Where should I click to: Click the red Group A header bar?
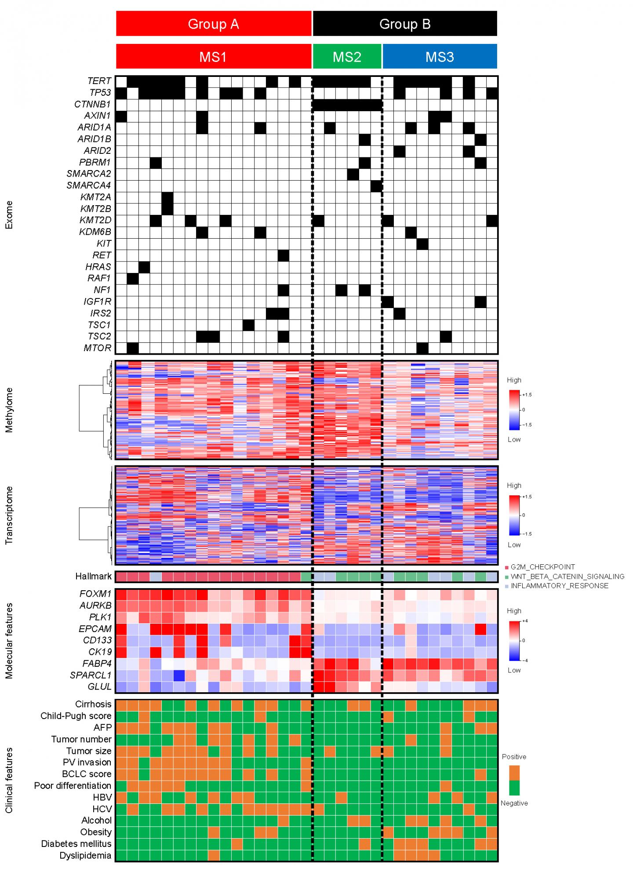point(214,24)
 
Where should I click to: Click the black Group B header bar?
point(404,24)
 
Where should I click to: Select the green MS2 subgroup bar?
point(347,57)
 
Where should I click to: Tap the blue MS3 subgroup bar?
point(440,57)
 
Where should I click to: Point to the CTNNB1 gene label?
point(92,104)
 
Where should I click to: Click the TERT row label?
point(99,81)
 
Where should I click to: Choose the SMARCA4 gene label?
point(89,185)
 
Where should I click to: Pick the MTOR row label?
point(97,348)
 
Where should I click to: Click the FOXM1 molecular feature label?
point(95,594)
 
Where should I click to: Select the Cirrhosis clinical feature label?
point(93,704)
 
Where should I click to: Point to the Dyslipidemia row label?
point(85,855)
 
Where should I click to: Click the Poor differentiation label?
point(73,785)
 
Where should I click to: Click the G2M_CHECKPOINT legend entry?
point(542,567)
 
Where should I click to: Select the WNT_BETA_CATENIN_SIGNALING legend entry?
point(567,576)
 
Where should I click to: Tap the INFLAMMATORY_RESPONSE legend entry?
point(559,585)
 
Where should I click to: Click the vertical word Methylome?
point(9,410)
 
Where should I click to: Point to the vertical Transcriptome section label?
point(9,515)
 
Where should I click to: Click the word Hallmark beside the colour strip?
point(93,576)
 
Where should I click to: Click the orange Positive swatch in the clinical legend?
point(514,772)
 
